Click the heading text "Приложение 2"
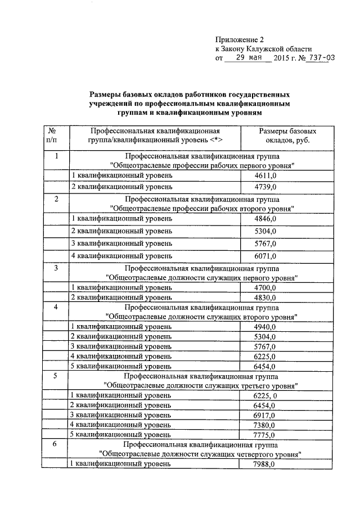tap(239, 39)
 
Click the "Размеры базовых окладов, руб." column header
tap(283, 135)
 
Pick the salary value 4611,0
tap(265, 176)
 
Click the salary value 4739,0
tap(265, 187)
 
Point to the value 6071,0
tap(265, 256)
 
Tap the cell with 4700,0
tap(265, 287)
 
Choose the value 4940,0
tap(265, 327)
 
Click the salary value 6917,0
tap(265, 415)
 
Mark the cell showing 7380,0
tap(265, 425)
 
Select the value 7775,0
tap(265, 435)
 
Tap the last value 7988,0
tap(265, 464)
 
